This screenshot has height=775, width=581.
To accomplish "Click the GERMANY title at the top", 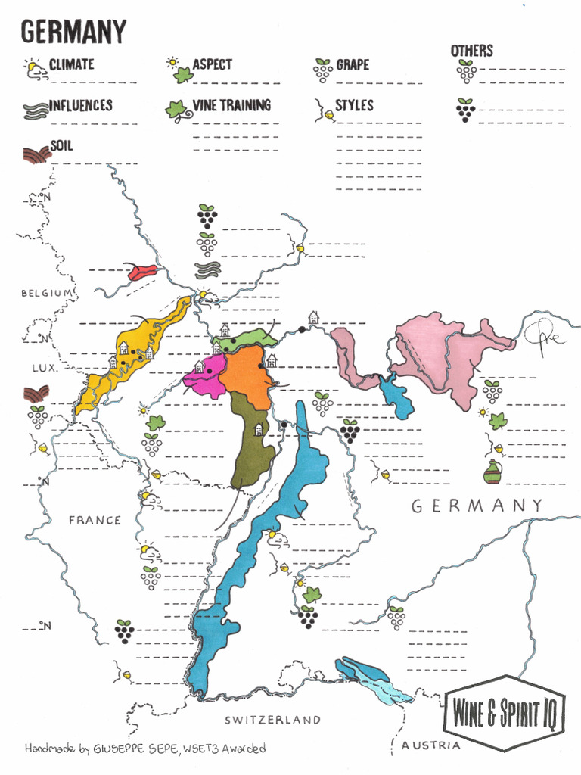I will [73, 32].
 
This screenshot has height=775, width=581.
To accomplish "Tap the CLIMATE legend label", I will [71, 64].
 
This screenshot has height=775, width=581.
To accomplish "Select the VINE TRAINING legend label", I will [231, 105].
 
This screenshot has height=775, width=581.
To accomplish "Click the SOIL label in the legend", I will [62, 145].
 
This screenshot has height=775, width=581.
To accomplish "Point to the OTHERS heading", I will [471, 51].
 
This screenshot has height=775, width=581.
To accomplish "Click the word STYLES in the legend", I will [354, 105].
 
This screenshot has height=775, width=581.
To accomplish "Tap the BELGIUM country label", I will [47, 293].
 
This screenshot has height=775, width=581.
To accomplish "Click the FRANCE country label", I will [95, 520].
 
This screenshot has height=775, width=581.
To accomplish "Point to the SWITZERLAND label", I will [272, 719].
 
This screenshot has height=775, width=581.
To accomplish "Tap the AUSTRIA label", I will [430, 745].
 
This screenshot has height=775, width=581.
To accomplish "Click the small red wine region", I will [142, 272].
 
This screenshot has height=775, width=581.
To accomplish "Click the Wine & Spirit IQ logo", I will [505, 712].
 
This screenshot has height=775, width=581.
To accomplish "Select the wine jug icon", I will [492, 473].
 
